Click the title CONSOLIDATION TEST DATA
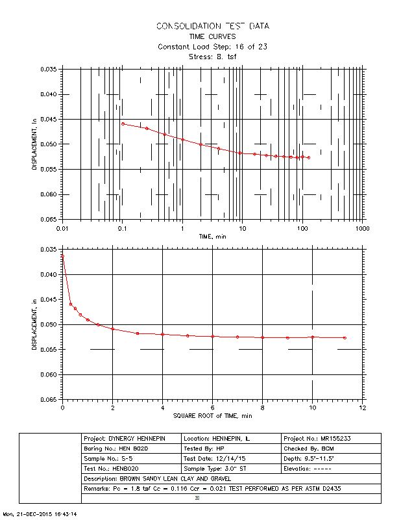213,26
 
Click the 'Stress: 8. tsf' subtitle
213,57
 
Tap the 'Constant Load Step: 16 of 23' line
213,47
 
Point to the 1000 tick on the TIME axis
361,229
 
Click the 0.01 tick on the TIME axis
62,229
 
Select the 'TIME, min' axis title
213,237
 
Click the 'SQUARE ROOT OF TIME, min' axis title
213,415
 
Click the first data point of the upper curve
123,123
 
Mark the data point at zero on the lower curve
62,256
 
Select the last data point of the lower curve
345,338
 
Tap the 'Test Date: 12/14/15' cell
231,459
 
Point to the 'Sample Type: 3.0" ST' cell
231,469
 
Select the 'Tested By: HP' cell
231,449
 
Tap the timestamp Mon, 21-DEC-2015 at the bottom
40,514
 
